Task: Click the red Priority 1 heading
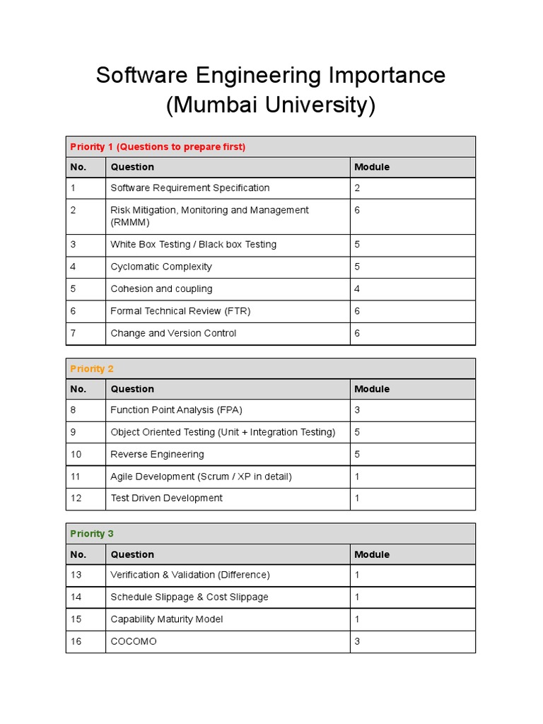coord(158,147)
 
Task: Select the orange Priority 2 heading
coord(92,369)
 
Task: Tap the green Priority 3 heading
coord(92,534)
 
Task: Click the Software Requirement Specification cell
coord(189,188)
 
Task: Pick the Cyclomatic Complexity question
coord(161,267)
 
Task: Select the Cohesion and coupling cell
coord(161,288)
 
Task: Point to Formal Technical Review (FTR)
coord(180,311)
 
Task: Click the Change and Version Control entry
coord(173,333)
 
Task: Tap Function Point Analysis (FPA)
coord(176,410)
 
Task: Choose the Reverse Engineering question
coord(157,454)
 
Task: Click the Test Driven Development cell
coord(166,498)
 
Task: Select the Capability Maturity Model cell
coord(166,619)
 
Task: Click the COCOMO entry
coord(134,641)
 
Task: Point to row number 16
coord(76,641)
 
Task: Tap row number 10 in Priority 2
coord(76,454)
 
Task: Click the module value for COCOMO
coord(357,641)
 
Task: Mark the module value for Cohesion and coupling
coord(357,288)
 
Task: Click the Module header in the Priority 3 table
coord(372,554)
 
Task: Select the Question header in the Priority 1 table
coord(132,167)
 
